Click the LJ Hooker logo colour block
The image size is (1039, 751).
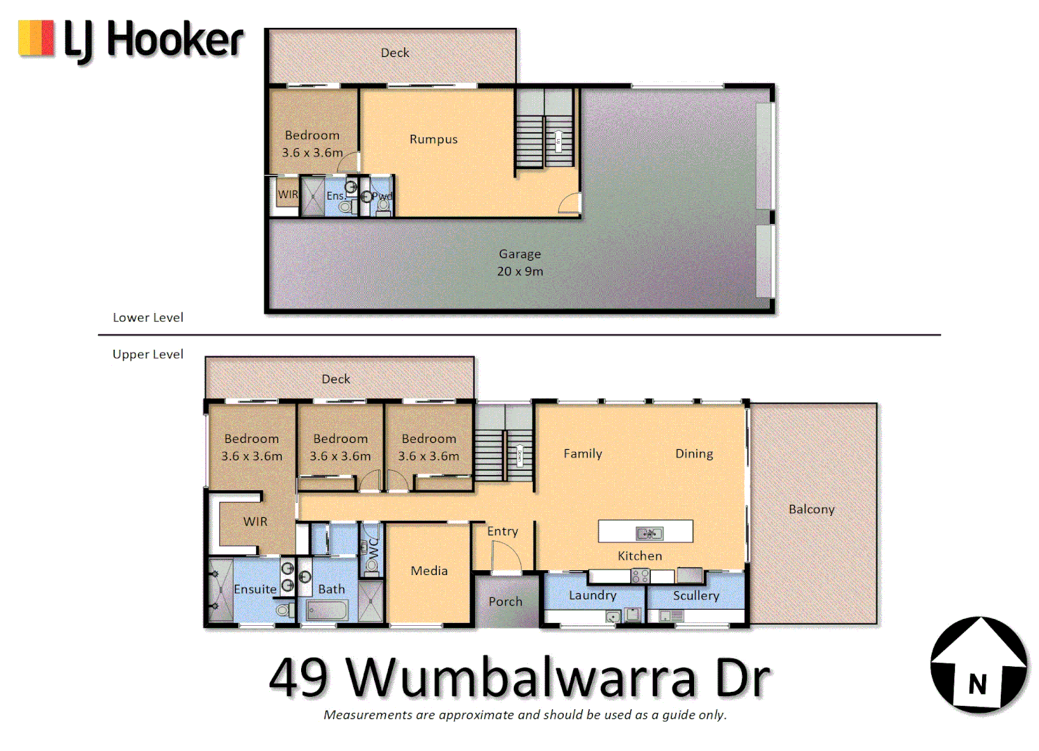pyautogui.click(x=36, y=38)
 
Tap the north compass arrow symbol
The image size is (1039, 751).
pyautogui.click(x=979, y=665)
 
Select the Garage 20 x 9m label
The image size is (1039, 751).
pyautogui.click(x=519, y=263)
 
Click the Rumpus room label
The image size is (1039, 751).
pyautogui.click(x=433, y=139)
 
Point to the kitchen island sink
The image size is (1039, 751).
pyautogui.click(x=650, y=533)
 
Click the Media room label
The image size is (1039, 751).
pyautogui.click(x=429, y=571)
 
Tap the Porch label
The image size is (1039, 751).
pyautogui.click(x=505, y=601)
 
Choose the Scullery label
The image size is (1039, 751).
pyautogui.click(x=695, y=595)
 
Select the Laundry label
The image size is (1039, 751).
pyautogui.click(x=593, y=595)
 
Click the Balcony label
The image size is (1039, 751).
pyautogui.click(x=811, y=509)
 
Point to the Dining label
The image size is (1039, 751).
pyautogui.click(x=694, y=453)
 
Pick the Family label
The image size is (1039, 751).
pyautogui.click(x=583, y=453)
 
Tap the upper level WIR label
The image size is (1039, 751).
pyautogui.click(x=255, y=522)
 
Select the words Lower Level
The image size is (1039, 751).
pyautogui.click(x=148, y=317)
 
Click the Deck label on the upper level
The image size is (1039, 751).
pyautogui.click(x=336, y=379)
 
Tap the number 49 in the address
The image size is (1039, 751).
pyautogui.click(x=298, y=677)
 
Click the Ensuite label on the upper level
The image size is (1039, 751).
pyautogui.click(x=255, y=589)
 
